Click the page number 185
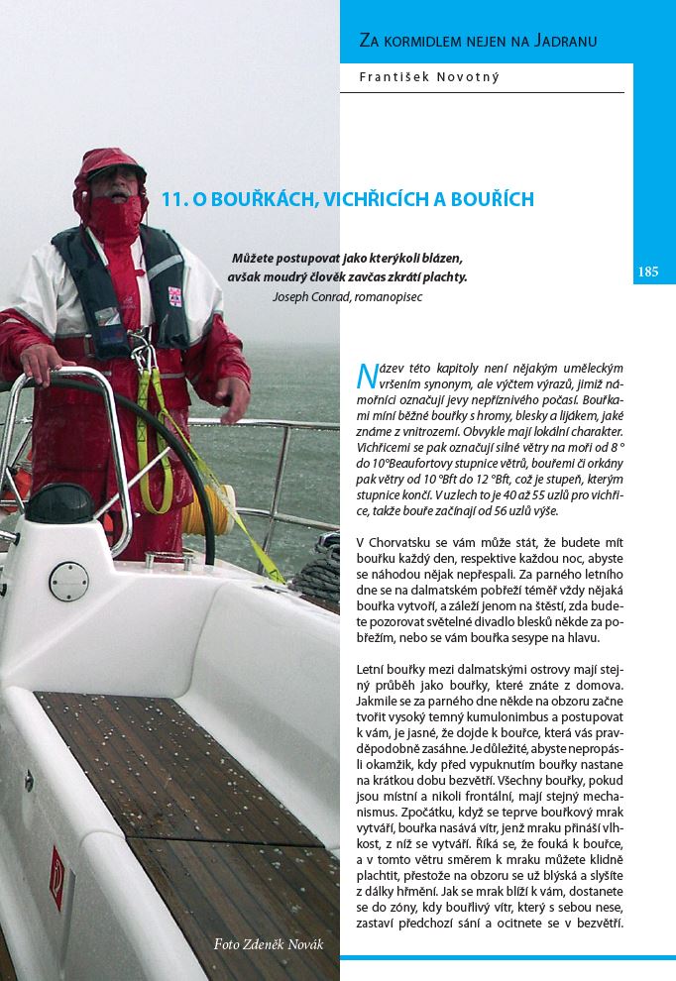(x=648, y=272)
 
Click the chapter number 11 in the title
(x=172, y=199)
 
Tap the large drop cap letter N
(x=365, y=375)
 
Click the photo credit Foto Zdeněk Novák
(x=269, y=943)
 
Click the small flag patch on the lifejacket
(x=174, y=294)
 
